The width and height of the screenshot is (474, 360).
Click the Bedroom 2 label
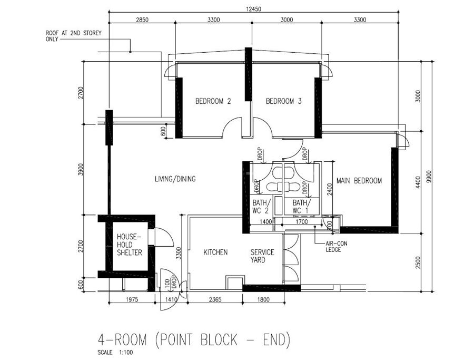pos(213,101)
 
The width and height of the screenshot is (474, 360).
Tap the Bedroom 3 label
pos(283,101)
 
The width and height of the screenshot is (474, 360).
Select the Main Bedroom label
pos(359,181)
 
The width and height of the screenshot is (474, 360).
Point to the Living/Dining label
pos(175,179)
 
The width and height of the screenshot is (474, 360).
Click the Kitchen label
pos(215,252)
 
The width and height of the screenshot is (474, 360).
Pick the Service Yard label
pos(262,256)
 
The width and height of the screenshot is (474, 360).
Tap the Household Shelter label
pos(130,245)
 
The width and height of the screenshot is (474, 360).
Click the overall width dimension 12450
pos(253,9)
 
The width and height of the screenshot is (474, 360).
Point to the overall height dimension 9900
pos(427,177)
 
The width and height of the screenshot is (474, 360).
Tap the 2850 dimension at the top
pos(142,20)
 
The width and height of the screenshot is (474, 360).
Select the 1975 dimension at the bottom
pos(132,299)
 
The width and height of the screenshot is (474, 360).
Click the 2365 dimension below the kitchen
pos(215,299)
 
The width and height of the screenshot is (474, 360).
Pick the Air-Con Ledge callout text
pos(336,247)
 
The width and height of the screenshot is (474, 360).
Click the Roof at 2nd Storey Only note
pos(73,36)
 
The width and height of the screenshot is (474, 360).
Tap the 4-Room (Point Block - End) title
pos(194,339)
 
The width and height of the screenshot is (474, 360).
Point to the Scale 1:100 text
pos(115,353)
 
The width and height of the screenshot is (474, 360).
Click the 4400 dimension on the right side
pos(418,182)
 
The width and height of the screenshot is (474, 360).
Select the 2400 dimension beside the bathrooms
pos(330,189)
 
